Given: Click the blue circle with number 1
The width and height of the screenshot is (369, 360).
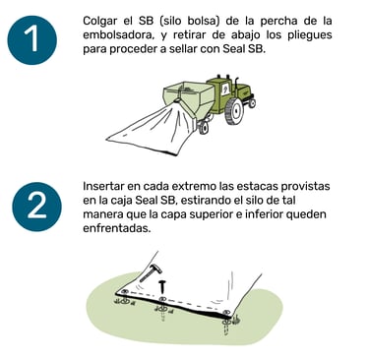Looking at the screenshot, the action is pos(32,40).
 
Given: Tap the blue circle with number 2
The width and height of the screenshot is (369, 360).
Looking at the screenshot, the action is pos(36,207).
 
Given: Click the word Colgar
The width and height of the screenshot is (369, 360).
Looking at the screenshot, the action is pos(99,22).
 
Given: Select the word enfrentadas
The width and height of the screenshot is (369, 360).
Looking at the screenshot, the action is pos(117,228).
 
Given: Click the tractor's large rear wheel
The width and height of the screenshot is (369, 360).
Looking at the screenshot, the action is pos(234,112).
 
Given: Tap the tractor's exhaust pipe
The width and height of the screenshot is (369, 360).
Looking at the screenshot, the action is pos(236,84).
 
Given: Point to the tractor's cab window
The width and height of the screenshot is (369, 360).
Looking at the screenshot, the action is pos(224,90).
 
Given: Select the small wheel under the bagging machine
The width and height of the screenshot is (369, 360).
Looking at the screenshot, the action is pos(204,128).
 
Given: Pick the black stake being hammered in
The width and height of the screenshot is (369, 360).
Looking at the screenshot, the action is pos(162,287).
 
